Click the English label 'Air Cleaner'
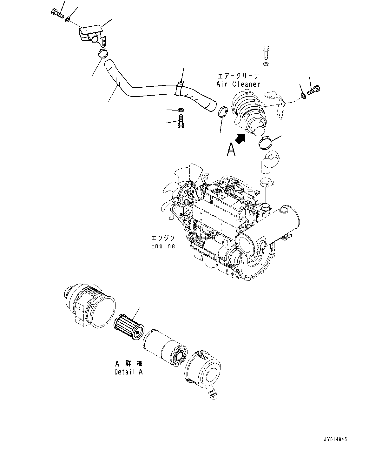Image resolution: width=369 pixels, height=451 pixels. [238, 84]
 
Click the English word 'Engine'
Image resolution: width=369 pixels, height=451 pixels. [163, 246]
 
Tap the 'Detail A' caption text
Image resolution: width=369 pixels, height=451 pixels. [128, 372]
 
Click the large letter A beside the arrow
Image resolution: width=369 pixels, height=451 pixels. [231, 150]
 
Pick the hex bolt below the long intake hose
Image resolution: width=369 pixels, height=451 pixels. [180, 122]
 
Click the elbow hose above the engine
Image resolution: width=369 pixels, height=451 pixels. [269, 162]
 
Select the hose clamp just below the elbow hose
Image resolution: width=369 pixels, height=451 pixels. [267, 183]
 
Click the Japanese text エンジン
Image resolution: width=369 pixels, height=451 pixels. [163, 238]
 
